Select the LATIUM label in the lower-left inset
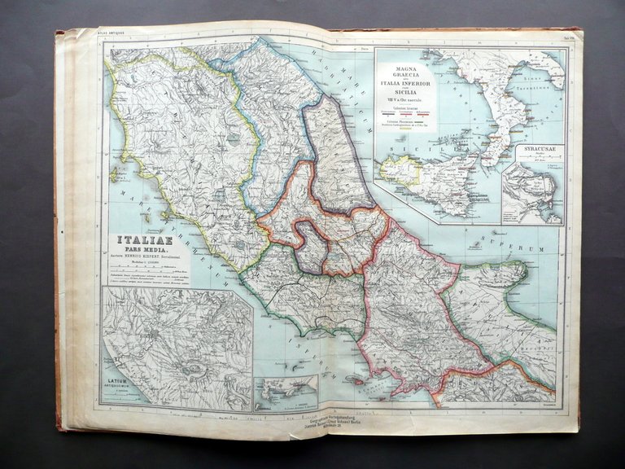(119, 377)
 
